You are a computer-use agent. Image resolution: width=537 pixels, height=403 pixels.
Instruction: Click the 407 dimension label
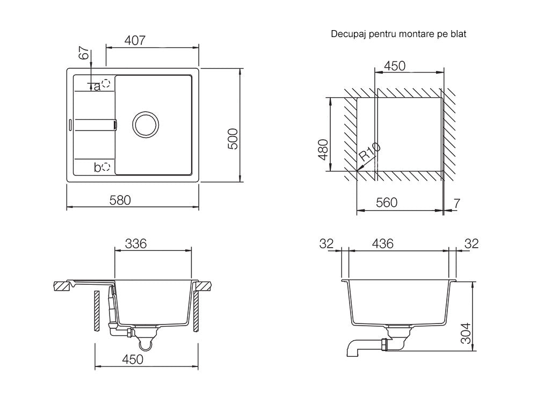pos(135,40)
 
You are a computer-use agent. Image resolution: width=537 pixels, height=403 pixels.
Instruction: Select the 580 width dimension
pos(120,200)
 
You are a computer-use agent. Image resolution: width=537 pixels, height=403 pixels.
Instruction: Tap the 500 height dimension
pos(233,139)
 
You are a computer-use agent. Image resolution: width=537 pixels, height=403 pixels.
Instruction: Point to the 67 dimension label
pos(84,53)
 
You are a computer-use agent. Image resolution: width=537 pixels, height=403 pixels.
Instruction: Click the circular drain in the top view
pos(146,125)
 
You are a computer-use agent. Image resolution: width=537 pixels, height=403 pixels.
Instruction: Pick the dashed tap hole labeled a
pos(106,83)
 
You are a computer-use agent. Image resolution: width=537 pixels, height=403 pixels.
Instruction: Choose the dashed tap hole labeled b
pos(106,167)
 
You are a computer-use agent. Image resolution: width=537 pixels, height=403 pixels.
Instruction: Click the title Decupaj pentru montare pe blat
pos(398,34)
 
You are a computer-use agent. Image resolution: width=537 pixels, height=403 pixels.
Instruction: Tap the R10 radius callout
pos(370,152)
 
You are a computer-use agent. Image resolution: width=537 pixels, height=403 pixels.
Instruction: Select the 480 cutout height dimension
pos(323,149)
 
